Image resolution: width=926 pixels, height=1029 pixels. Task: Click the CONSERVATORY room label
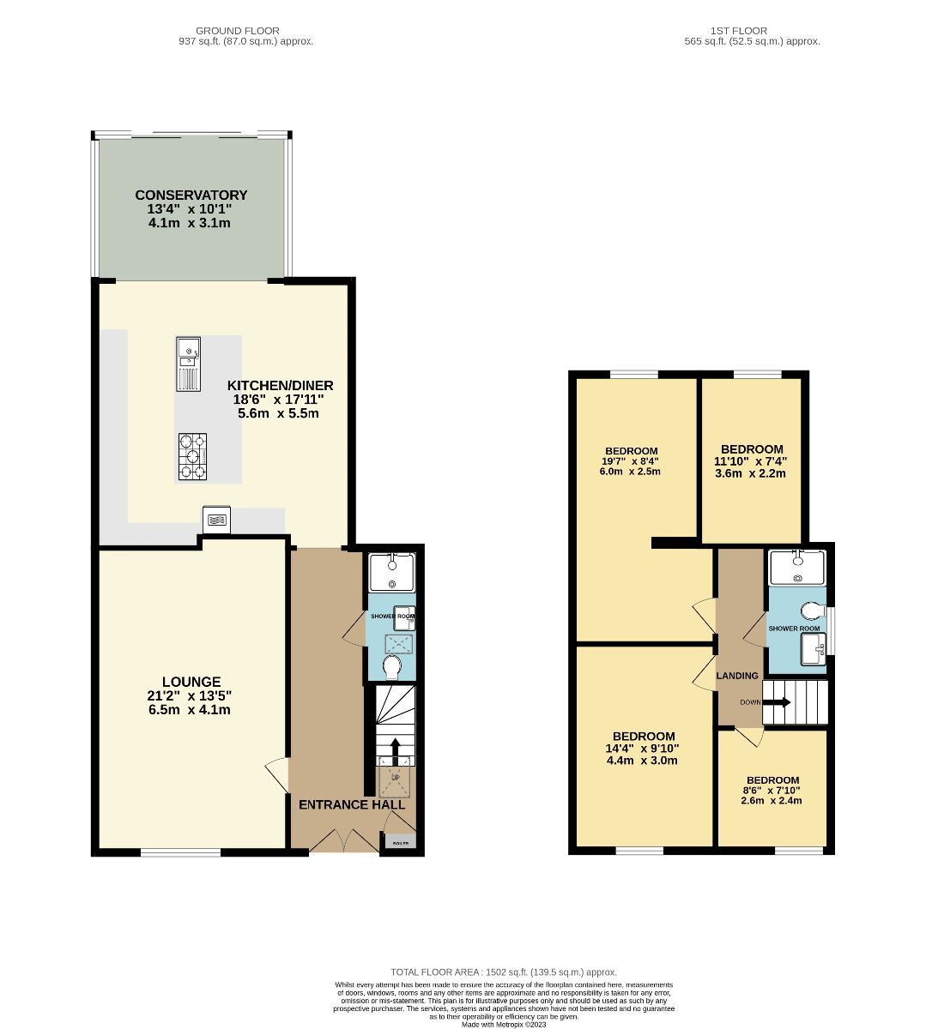point(191,196)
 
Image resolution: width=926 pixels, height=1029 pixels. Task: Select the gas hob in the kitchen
point(192,456)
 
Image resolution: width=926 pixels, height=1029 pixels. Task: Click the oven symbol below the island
point(216,519)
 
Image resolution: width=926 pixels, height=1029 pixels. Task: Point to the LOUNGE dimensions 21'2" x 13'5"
point(189,696)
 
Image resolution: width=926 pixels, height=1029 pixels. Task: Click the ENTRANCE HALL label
point(351,804)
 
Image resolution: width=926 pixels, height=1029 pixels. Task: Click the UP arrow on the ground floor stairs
point(395,751)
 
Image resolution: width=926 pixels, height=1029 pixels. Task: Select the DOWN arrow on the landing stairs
point(778,702)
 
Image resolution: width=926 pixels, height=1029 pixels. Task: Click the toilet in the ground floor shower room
point(393,666)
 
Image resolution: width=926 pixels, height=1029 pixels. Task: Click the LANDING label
point(738,676)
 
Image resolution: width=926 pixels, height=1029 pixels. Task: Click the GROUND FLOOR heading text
point(237,31)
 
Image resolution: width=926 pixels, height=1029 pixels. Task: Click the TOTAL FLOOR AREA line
point(503,972)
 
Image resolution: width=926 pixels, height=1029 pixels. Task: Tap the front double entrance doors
point(342,840)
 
